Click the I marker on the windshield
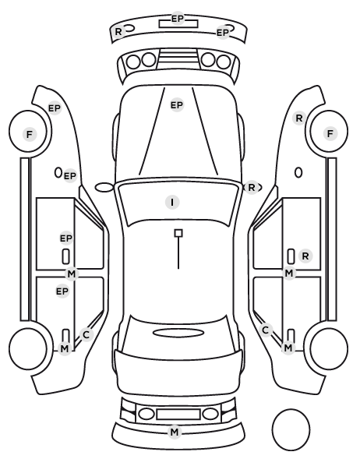tap(172, 203)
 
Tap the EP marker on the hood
tap(177, 105)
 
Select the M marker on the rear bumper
tap(175, 432)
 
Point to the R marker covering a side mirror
tap(251, 188)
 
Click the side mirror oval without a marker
tap(104, 188)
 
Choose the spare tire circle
tap(291, 429)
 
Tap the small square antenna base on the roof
tap(178, 233)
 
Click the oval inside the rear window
tap(178, 333)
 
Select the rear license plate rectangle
tap(178, 415)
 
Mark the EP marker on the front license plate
tap(178, 19)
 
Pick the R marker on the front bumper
tap(118, 31)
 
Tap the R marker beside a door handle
tap(305, 256)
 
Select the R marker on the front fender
tap(299, 118)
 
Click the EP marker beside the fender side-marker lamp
tap(70, 176)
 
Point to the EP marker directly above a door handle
tap(66, 238)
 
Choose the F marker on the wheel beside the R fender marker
tap(330, 134)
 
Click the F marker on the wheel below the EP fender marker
tap(29, 134)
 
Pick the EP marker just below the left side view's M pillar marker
tap(62, 291)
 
